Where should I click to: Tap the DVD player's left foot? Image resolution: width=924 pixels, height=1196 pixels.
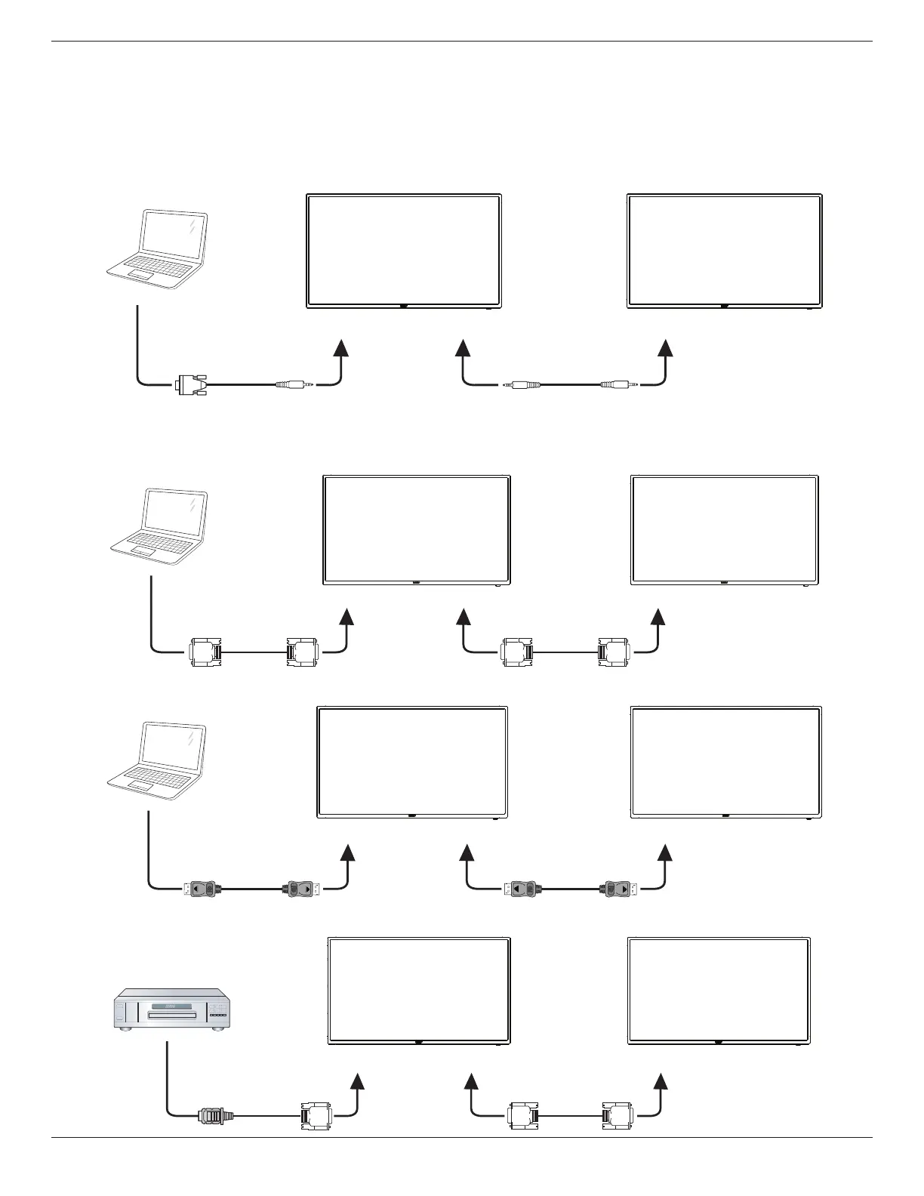[128, 1028]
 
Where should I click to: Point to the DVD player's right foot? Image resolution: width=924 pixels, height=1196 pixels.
[223, 1028]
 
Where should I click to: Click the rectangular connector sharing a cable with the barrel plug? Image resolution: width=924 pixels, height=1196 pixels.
[313, 1114]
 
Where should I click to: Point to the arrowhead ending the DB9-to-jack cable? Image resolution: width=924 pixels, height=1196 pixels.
[342, 347]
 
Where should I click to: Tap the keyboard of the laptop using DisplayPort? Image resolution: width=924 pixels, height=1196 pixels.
[154, 775]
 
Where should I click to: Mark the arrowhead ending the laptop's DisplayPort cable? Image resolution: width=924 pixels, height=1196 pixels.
[348, 852]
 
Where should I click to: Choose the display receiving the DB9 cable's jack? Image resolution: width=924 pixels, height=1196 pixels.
[404, 249]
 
